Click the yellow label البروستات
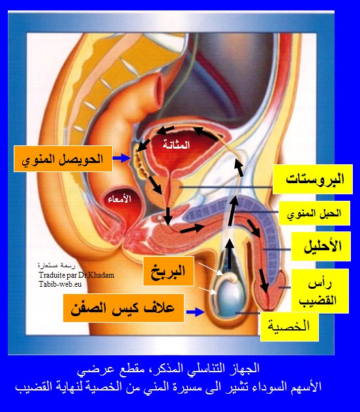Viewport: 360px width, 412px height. [312, 179]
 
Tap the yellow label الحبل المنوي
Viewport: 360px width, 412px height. [314, 213]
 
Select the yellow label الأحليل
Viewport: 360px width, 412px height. [321, 246]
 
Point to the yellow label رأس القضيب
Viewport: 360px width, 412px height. [320, 291]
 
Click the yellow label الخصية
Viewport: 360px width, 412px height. [290, 327]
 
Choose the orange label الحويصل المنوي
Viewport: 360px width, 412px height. [63, 159]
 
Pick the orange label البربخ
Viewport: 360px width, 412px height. [168, 271]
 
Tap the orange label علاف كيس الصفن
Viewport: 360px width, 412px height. [123, 308]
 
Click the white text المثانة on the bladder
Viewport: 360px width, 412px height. [176, 145]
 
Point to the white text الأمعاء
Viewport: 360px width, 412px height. [119, 199]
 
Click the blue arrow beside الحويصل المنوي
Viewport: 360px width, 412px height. [121, 158]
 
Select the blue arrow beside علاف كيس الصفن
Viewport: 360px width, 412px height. [195, 312]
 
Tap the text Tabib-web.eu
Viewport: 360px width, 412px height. [60, 284]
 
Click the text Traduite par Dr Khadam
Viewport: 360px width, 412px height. [76, 275]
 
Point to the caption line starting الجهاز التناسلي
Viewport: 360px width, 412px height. [168, 368]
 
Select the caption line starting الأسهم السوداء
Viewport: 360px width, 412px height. [168, 387]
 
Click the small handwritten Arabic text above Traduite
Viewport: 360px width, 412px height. [57, 265]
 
